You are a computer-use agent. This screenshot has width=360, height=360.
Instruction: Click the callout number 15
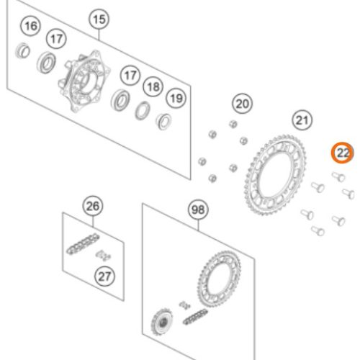(x=99, y=19)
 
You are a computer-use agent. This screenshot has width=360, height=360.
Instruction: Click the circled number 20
(x=243, y=104)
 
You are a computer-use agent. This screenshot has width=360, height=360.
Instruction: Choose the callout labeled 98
(x=197, y=210)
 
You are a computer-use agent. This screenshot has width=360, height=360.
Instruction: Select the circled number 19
(x=175, y=97)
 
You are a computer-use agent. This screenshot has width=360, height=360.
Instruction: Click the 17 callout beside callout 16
(x=55, y=37)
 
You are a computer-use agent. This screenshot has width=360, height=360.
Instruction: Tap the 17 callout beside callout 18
(x=130, y=76)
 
